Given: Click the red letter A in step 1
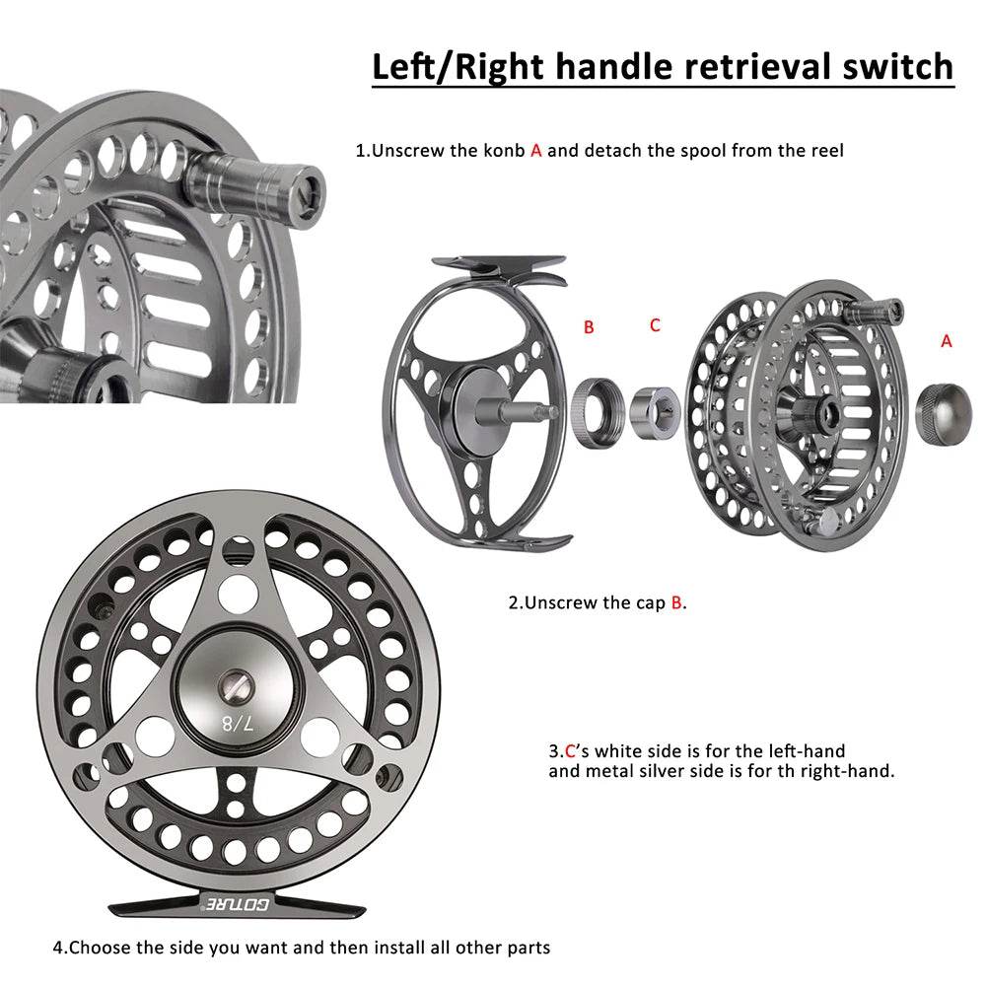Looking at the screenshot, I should click(536, 151).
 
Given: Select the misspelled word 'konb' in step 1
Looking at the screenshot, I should click(506, 151).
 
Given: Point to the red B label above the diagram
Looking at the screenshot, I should click(589, 327).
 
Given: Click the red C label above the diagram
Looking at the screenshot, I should click(655, 324).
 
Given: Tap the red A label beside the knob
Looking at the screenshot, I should click(947, 340).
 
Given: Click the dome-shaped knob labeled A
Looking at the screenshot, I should click(942, 406).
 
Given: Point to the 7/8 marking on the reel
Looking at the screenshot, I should click(237, 724).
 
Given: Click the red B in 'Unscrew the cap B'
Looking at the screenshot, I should click(676, 602).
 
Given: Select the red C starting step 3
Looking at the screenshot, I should click(569, 751).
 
